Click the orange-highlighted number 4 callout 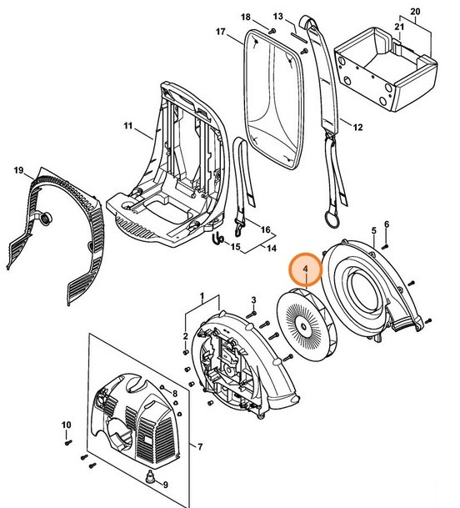(x=306, y=269)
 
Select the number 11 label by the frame (x=127, y=126)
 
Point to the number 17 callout (x=221, y=33)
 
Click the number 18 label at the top (x=246, y=18)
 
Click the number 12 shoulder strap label (x=358, y=128)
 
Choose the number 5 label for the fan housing (x=374, y=229)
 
